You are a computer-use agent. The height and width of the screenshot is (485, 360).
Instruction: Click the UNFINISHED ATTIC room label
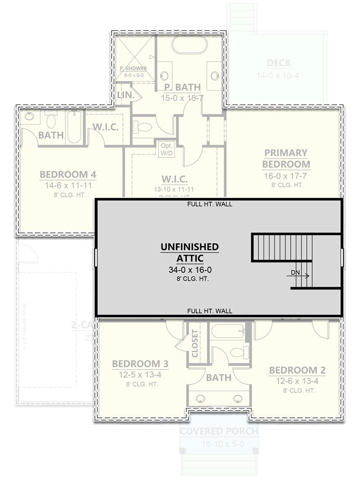[x=189, y=252]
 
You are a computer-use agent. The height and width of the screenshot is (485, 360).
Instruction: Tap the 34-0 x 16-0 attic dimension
[x=189, y=270]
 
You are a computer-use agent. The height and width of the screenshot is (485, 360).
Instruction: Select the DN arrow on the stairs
[x=301, y=273]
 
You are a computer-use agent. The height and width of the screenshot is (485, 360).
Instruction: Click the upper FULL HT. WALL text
[x=210, y=204]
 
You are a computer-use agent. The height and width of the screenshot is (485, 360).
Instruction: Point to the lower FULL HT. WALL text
[x=210, y=311]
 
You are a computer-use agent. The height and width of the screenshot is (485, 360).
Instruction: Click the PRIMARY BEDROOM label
[x=286, y=159]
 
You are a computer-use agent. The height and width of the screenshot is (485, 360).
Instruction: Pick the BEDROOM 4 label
[x=68, y=174]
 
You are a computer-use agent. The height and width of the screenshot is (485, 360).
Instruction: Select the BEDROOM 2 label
[x=297, y=370]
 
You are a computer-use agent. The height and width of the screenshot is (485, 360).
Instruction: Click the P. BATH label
[x=182, y=87]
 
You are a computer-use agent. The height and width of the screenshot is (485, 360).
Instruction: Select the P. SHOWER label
[x=133, y=68]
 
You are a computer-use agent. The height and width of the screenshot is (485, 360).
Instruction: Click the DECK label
[x=279, y=63]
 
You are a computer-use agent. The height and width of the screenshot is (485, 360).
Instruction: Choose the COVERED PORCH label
[x=219, y=431]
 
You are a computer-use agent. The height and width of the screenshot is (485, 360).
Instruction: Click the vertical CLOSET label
[x=195, y=343]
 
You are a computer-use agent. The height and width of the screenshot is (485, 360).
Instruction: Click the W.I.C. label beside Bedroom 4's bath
[x=106, y=127]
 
